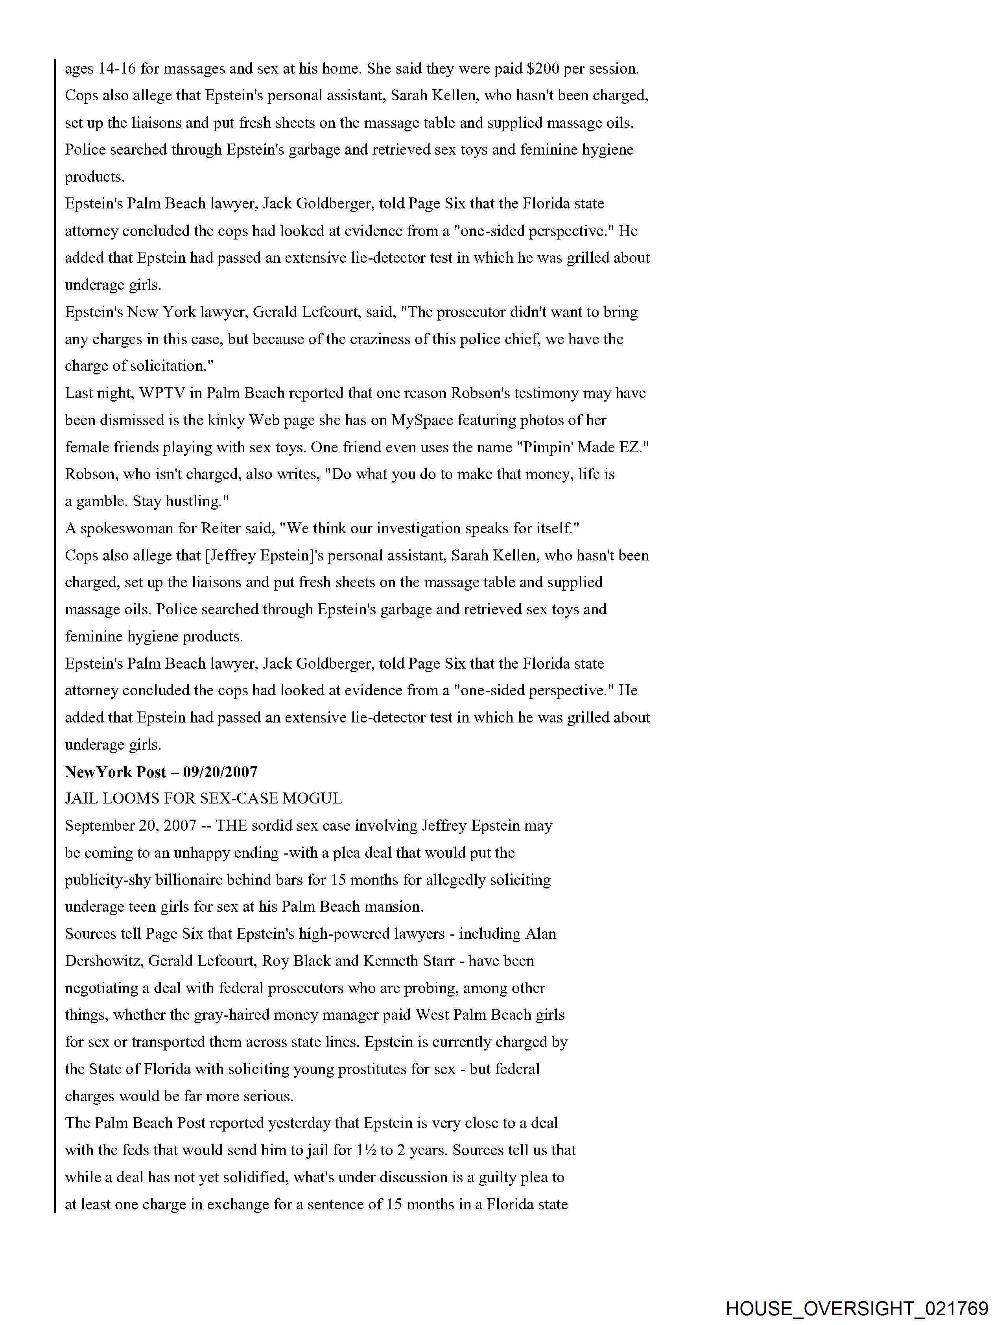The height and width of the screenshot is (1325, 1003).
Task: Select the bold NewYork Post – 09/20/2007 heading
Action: point(161,772)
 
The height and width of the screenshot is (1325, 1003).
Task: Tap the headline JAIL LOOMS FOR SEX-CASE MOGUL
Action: point(204,798)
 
